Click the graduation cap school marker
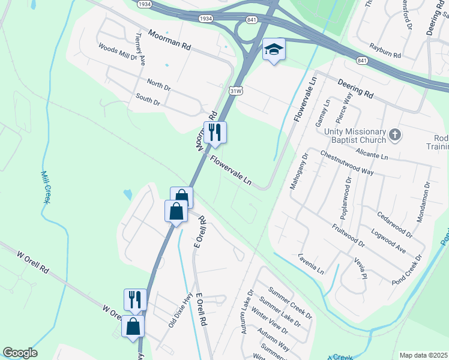pos(274,50)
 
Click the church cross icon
pos(394,135)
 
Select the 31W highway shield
pos(237,91)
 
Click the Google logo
pos(20,353)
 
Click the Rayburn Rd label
pos(385,50)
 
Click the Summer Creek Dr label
pos(291,302)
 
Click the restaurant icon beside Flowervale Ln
pos(215,131)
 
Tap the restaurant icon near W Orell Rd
pos(135,299)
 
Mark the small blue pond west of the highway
pos(127,194)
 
